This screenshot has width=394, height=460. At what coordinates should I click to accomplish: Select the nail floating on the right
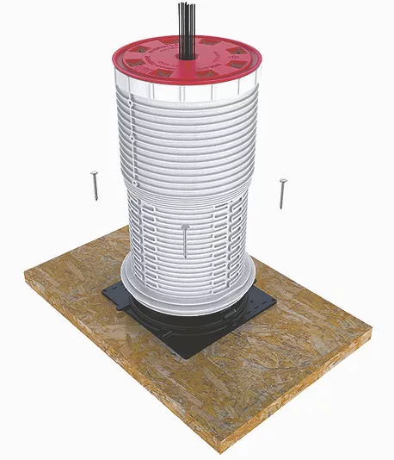point(281,193)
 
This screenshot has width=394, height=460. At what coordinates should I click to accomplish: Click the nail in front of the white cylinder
point(185,240)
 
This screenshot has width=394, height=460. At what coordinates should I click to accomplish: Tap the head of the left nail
point(95,172)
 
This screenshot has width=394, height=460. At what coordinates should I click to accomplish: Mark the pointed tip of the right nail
point(281,208)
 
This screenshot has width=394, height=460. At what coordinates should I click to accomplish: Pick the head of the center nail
point(185,227)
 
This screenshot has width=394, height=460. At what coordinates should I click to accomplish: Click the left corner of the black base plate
point(103,294)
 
